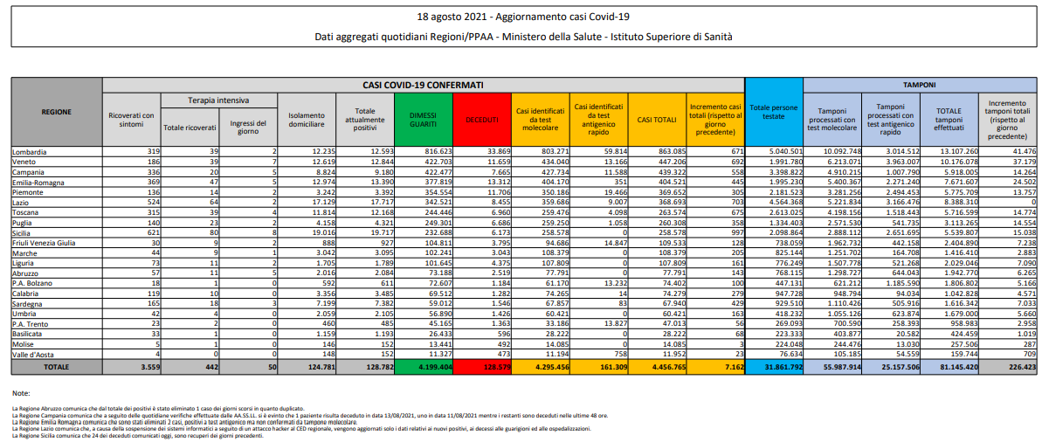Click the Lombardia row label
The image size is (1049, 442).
click(30, 151)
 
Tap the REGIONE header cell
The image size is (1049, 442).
click(56, 112)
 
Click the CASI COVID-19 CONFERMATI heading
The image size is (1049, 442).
click(423, 85)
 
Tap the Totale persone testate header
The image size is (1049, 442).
click(773, 111)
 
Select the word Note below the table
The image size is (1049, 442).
click(21, 393)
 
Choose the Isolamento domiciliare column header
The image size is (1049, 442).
click(307, 120)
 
